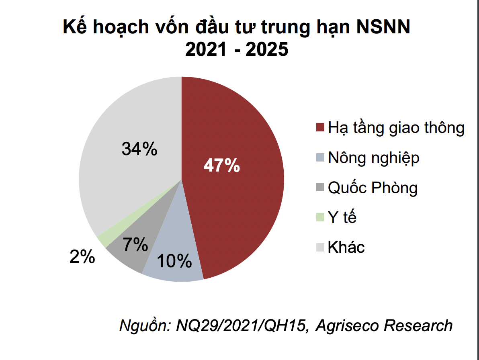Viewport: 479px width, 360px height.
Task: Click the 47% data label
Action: [221, 166]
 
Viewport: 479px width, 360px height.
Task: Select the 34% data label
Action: [139, 149]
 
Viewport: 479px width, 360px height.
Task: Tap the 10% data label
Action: [174, 262]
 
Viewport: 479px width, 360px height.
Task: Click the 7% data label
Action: [135, 244]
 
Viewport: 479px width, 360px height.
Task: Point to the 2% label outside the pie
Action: [82, 257]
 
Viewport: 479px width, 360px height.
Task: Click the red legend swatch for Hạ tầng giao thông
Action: [320, 128]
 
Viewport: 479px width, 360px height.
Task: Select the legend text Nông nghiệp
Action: [373, 158]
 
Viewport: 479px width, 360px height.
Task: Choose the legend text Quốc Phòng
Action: [373, 188]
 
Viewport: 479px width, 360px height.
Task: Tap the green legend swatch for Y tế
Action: [320, 217]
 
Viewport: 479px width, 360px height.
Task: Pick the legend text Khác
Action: [346, 247]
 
